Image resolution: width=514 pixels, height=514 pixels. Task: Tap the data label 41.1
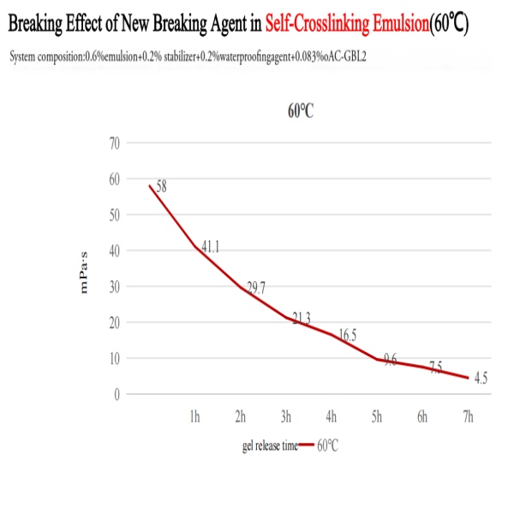coord(211,248)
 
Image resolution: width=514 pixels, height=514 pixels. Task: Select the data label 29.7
coord(256,288)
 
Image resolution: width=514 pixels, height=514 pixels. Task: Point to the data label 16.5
coord(347,336)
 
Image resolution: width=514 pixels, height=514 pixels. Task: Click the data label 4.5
coord(481,379)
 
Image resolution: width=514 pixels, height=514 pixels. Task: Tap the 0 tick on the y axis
coord(116,394)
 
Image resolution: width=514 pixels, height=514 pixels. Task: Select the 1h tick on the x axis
coord(194,417)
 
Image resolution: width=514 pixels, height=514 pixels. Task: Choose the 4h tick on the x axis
coord(332,417)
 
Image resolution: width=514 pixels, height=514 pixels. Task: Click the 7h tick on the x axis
coord(468,417)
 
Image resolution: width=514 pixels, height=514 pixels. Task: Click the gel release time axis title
coord(269,445)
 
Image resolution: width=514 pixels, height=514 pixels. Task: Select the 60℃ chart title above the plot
coord(301,113)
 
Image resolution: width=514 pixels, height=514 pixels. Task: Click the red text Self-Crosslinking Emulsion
coord(347,25)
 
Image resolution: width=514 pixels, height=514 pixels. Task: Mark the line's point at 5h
coord(377,359)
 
